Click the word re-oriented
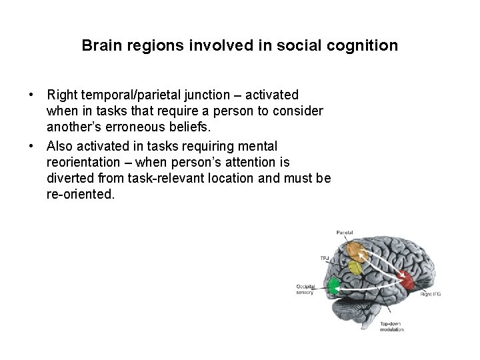point(81,195)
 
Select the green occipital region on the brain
point(333,287)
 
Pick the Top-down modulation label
point(392,327)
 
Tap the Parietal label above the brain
point(345,233)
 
